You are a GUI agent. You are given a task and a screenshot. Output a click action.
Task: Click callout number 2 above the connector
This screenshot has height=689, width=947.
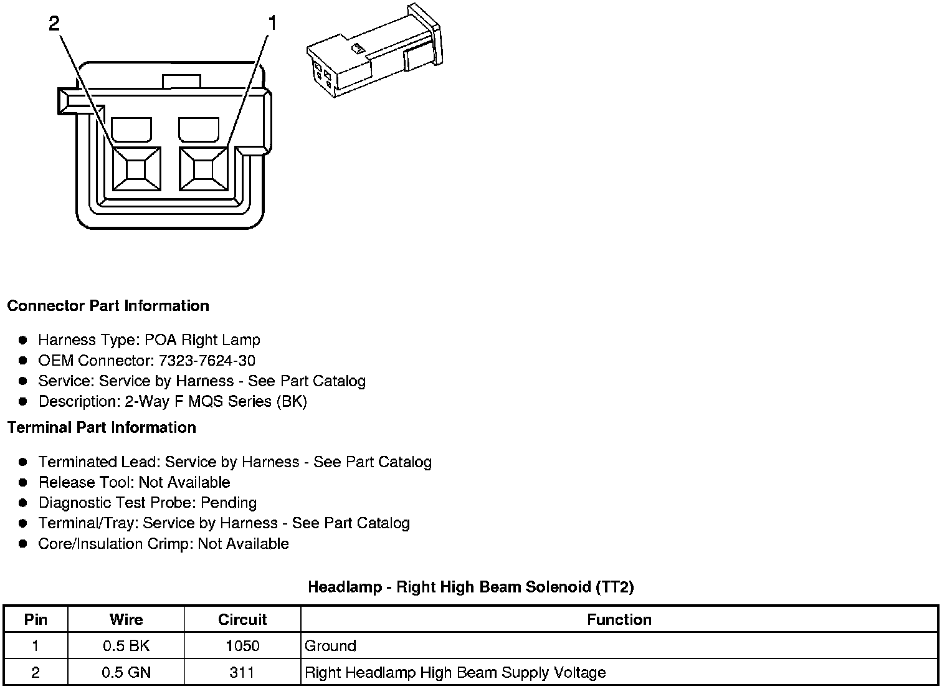[54, 24]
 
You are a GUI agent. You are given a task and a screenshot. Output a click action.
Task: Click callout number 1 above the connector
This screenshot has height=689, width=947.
[271, 24]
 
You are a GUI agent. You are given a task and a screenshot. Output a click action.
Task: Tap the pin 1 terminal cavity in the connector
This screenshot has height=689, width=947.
[202, 168]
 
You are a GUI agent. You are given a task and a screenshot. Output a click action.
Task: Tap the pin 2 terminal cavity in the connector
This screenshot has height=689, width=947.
[136, 168]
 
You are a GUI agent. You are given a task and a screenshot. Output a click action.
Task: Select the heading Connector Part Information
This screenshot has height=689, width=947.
[108, 306]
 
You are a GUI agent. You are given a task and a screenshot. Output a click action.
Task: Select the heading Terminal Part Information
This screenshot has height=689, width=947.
[102, 428]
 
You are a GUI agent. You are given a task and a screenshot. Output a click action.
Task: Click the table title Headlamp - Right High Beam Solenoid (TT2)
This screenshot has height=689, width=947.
[470, 587]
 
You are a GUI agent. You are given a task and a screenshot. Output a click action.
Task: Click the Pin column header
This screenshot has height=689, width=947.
[36, 620]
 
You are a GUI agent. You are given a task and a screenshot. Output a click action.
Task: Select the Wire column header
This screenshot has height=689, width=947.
[126, 620]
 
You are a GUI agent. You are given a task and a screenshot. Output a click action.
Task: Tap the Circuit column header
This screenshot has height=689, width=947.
[242, 620]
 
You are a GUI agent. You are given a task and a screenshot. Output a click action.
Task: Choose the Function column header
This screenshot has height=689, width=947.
[619, 620]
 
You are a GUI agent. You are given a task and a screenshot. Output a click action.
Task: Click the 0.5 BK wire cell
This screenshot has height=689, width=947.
[126, 646]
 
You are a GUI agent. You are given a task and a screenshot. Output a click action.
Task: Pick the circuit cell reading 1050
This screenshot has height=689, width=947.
[242, 646]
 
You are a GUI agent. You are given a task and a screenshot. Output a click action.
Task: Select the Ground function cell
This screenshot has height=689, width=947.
[330, 646]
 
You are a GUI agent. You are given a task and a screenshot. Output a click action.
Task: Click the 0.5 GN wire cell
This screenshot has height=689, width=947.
[126, 673]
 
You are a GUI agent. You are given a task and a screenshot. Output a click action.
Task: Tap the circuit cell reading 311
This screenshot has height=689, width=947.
[242, 673]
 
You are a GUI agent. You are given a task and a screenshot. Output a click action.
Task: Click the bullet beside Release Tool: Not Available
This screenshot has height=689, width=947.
[23, 482]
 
